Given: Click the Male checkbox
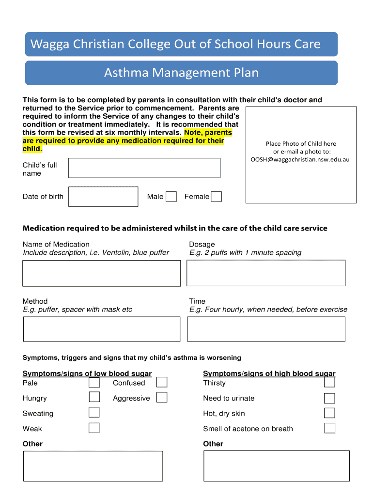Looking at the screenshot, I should point(171,197).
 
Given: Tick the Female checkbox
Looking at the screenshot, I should point(217,197).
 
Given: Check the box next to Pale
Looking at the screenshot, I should point(94,383).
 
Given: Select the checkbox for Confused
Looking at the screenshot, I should point(162,383).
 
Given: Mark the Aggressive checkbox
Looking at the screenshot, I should point(162,398).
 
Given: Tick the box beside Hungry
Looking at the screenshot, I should point(94,398).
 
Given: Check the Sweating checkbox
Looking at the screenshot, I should point(94,413).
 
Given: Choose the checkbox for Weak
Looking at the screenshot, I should point(94,428).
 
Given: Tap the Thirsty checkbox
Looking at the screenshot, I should point(329,383).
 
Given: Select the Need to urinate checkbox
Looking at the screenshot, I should point(329,398).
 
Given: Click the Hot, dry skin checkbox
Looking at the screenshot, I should point(329,413).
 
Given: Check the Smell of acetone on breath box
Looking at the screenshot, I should point(329,428).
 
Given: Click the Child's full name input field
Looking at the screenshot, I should point(144,168).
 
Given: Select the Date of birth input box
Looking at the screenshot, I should point(103,197).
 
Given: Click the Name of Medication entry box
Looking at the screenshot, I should point(101,273).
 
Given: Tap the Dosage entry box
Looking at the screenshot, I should point(266,273).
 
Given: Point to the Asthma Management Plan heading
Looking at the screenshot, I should point(181,73).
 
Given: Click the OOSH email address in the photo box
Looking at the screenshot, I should point(300,159).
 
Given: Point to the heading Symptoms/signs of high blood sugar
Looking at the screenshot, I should point(269,373).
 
